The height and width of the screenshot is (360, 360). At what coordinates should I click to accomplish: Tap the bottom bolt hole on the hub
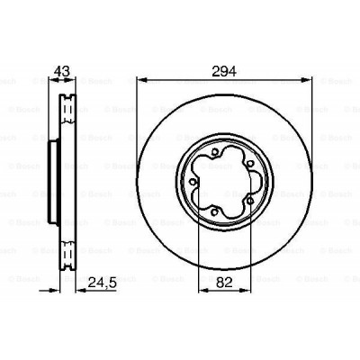(x=216, y=211)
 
